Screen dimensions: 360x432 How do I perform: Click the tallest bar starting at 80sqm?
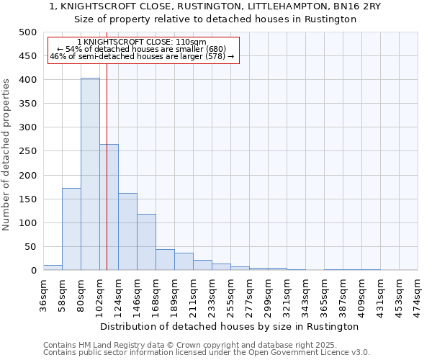[90, 174]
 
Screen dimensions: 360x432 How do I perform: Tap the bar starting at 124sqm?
[127, 232]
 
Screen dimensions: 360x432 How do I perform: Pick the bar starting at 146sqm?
[146, 242]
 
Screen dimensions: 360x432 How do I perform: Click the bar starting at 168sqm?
[165, 260]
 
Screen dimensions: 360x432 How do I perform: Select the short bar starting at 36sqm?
[53, 268]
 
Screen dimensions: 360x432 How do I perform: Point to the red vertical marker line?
[107, 180]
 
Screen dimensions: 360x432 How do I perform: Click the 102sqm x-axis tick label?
[99, 294]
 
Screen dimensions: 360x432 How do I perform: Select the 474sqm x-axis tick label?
[418, 294]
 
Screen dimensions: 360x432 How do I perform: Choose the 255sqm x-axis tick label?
[230, 294]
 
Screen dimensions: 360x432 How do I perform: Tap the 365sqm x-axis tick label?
[324, 294]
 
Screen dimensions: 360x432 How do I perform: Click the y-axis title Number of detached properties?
[7, 151]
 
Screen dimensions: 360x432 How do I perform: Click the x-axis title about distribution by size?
[230, 326]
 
